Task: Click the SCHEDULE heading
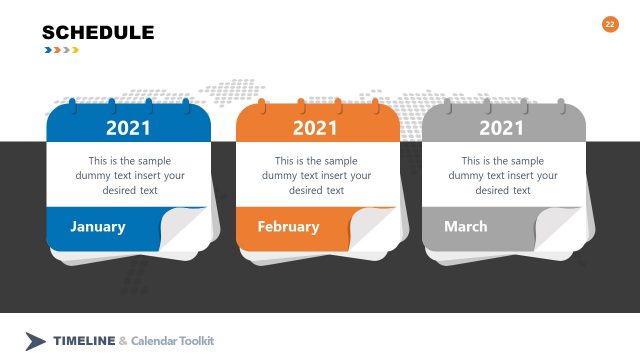pos(98,33)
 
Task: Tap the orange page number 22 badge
pos(610,24)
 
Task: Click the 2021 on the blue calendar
pos(128,128)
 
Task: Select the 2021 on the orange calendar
pos(315,128)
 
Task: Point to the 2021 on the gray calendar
pos(501,128)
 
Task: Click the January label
pos(98,227)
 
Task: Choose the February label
pos(288,227)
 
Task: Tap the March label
pos(465,227)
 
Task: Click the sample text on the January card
pos(129,175)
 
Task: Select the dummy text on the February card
pos(316,175)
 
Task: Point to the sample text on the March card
pos(503,175)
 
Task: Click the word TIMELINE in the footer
pos(84,341)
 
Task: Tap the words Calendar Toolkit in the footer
pos(172,341)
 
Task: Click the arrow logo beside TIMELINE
pos(36,341)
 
